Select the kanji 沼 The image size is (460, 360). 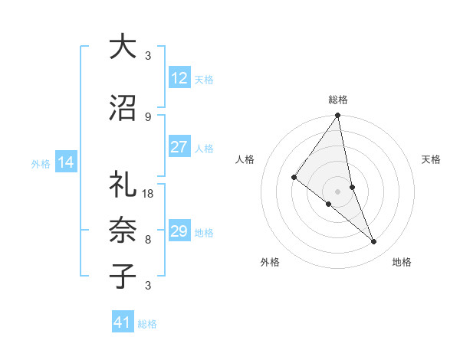122,109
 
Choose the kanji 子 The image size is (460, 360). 122,275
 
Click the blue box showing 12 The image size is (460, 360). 179,78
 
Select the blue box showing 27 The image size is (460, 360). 179,148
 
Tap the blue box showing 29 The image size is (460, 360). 179,231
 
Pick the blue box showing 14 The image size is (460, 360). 65,162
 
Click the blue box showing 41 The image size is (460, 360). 123,322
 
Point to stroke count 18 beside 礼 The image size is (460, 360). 149,194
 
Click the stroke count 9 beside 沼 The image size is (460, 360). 148,117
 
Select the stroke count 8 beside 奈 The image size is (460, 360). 148,239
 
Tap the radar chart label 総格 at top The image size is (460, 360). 338,100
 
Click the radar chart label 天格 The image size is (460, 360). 431,159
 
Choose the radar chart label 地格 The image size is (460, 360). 402,263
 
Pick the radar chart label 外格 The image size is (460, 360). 271,263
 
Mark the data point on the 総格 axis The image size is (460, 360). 337,116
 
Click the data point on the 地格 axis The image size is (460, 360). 374,242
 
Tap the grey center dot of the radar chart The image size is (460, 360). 337,191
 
